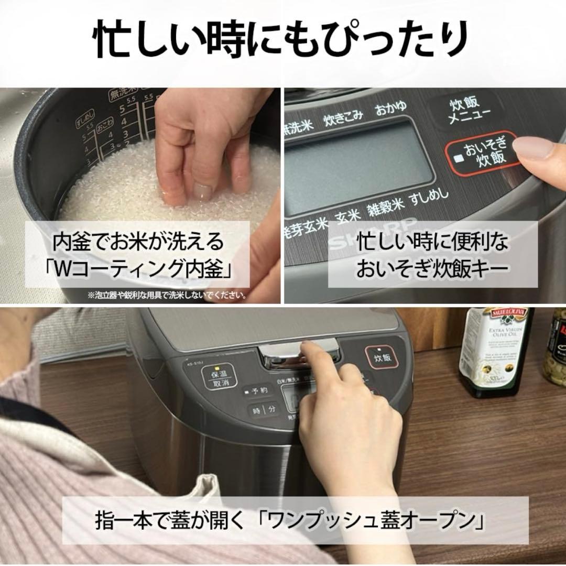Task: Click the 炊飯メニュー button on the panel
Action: point(462,110)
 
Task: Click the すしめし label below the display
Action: point(430,198)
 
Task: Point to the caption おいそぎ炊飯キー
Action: point(433,268)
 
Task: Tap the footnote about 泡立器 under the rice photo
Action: point(168,296)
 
